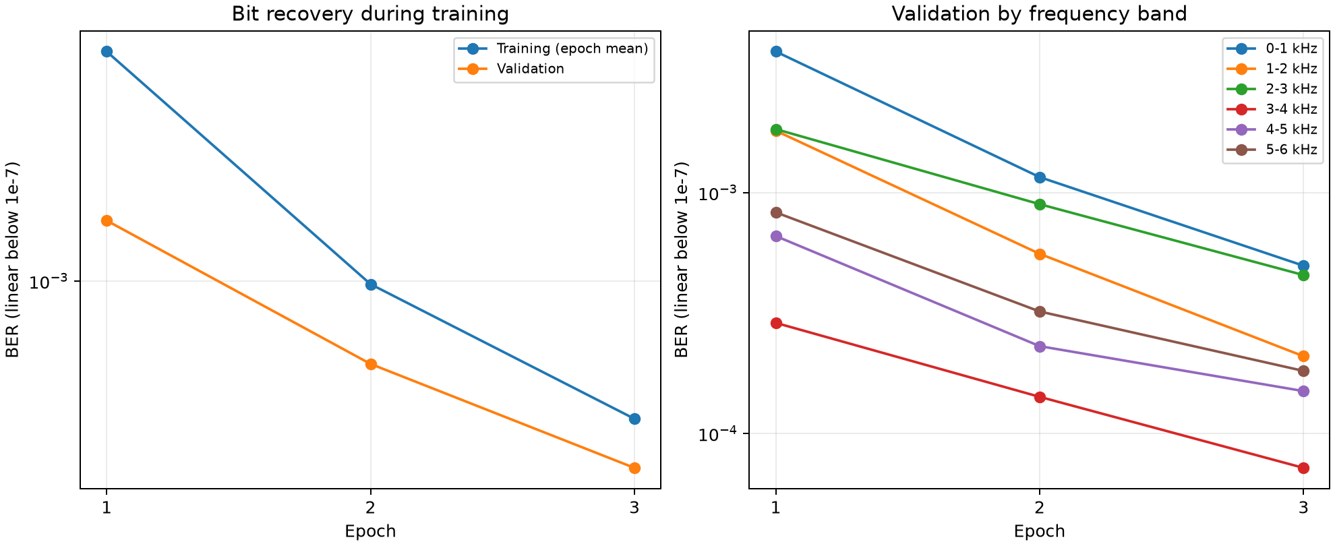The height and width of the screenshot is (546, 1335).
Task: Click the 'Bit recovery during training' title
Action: tap(370, 13)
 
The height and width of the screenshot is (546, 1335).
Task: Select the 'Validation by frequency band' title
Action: tap(1039, 13)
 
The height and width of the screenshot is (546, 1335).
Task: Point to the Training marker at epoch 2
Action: tap(371, 284)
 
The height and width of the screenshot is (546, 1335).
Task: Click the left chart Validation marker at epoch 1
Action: tap(107, 220)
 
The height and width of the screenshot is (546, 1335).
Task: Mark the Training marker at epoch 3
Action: tap(634, 419)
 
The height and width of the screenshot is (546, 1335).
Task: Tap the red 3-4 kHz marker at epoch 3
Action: tap(1303, 468)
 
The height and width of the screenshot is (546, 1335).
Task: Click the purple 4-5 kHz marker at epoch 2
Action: tap(1040, 346)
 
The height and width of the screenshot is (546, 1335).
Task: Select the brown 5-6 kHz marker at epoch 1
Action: tap(776, 212)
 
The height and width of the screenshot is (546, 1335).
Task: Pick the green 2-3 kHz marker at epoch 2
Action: tap(1040, 204)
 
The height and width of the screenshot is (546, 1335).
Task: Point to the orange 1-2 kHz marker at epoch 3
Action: tap(1303, 356)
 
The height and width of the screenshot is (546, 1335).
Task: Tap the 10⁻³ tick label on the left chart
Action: tap(50, 281)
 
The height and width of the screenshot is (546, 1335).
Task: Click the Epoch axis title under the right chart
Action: tap(1039, 531)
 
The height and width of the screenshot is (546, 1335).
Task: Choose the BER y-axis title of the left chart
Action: tap(13, 260)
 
